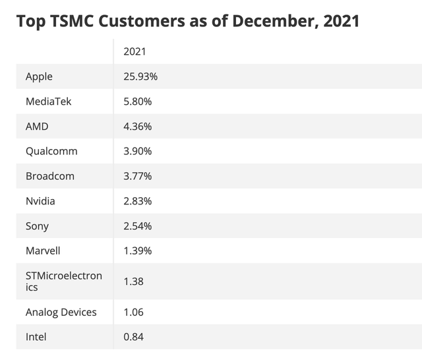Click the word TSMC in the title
(76, 21)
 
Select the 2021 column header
(135, 51)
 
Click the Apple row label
(39, 76)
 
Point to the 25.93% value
(140, 76)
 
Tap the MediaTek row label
(48, 102)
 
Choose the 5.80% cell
(137, 102)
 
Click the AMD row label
(37, 127)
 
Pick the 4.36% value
(137, 127)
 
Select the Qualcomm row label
(51, 151)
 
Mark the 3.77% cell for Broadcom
(137, 176)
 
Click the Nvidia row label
(40, 201)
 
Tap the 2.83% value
(137, 201)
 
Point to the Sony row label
(37, 226)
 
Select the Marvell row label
(42, 251)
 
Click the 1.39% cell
(137, 251)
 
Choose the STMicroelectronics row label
(63, 282)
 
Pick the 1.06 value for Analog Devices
(133, 312)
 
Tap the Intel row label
(36, 337)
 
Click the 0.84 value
(133, 337)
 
